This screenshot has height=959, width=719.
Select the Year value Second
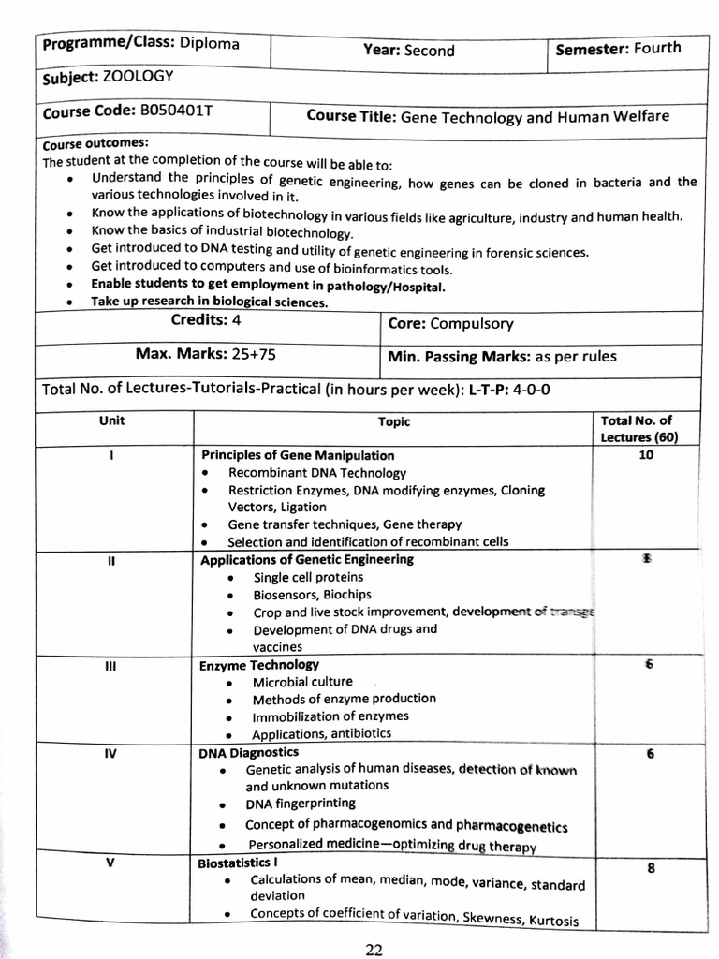click(429, 51)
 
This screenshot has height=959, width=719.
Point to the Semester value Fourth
click(657, 48)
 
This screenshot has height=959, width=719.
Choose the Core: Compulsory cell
click(450, 324)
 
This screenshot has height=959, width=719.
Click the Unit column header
click(111, 421)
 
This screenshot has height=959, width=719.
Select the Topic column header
click(394, 422)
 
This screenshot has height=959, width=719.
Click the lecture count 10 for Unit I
click(646, 455)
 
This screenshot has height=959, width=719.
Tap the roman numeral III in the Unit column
click(111, 665)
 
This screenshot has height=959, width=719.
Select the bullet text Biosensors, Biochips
click(312, 595)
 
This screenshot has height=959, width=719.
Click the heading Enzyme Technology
click(259, 665)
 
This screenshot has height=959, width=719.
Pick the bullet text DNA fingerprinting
click(301, 804)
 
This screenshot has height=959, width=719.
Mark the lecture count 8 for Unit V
click(650, 868)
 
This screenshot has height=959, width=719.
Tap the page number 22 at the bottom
click(374, 949)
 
